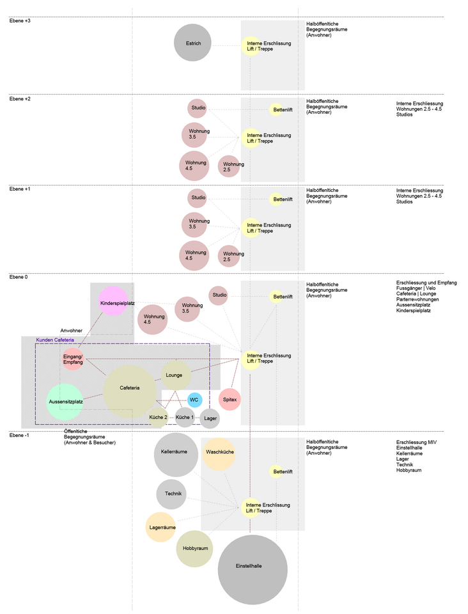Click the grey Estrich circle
192,43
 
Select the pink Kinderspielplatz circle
113,301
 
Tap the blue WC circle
194,400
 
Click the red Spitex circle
230,399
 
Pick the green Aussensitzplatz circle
65,402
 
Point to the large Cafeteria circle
130,391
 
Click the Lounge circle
176,375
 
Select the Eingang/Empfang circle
73,359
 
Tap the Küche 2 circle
158,418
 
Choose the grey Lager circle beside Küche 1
210,418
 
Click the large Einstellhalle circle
253,570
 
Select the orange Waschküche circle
219,454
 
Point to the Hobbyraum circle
194,549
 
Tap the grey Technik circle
171,494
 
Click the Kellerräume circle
176,455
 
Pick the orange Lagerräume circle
160,527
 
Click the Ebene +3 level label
20,20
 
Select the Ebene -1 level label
19,436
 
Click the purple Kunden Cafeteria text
55,340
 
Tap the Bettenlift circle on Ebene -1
276,471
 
